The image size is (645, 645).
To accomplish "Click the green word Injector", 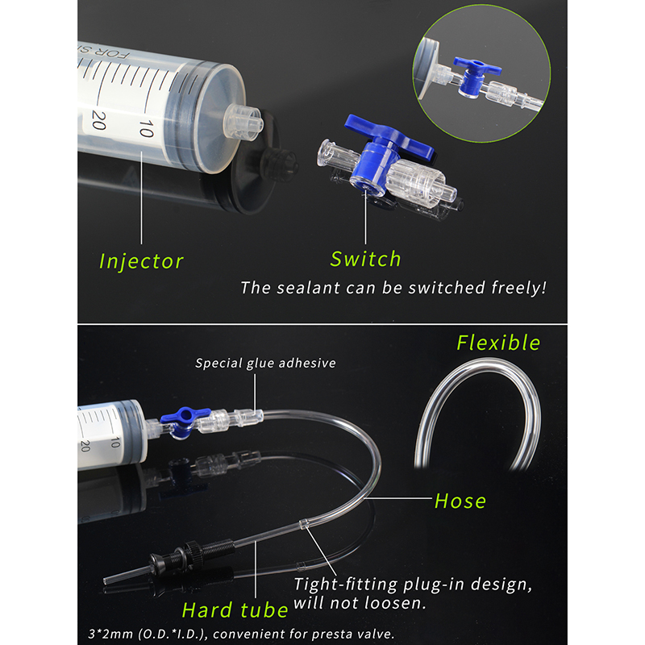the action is point(141,261).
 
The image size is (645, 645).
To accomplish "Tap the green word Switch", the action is point(365,259).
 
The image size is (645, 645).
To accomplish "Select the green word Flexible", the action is point(498,343).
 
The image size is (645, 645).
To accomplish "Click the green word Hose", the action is point(460,501).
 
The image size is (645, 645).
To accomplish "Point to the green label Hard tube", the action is point(235,610).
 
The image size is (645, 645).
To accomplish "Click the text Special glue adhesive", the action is point(265,363).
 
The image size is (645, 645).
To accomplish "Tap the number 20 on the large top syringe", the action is point(99,120).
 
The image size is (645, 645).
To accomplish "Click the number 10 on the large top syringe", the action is point(147,128).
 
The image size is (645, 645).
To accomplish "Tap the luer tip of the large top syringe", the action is point(244,123).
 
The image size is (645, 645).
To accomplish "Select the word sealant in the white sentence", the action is point(308,288).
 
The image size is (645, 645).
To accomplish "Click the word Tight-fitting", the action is point(346,584).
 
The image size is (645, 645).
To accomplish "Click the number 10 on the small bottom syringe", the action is point(114,442).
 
